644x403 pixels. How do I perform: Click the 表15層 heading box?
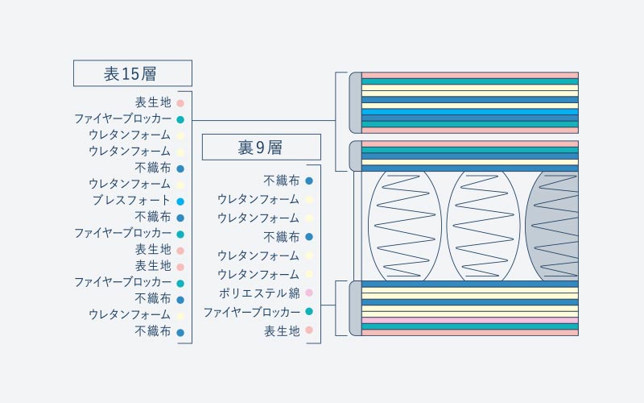(133, 73)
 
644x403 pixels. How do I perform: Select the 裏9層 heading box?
(261, 147)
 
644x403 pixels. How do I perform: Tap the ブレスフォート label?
(131, 200)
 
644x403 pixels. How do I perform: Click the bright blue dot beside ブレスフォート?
(180, 201)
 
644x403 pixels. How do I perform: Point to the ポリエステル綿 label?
(259, 293)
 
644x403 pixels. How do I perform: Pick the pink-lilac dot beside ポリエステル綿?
(309, 293)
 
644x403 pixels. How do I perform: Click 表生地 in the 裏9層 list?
(282, 330)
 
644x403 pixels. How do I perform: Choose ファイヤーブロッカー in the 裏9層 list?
(252, 312)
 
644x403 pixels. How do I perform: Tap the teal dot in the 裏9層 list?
(309, 311)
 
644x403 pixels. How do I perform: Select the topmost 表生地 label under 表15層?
(153, 102)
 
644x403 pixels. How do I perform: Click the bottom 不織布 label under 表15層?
(153, 331)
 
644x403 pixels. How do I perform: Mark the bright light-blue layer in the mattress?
(470, 112)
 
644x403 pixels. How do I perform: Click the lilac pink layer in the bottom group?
(470, 320)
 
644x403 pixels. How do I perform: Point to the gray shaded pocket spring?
(552, 226)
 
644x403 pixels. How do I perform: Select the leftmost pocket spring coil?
(405, 226)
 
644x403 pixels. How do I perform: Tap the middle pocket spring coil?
(484, 226)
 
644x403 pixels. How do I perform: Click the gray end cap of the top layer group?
(356, 103)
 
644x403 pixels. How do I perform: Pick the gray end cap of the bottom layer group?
(356, 309)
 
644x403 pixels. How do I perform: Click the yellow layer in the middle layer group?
(470, 163)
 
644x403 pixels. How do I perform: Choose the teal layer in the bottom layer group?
(470, 326)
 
